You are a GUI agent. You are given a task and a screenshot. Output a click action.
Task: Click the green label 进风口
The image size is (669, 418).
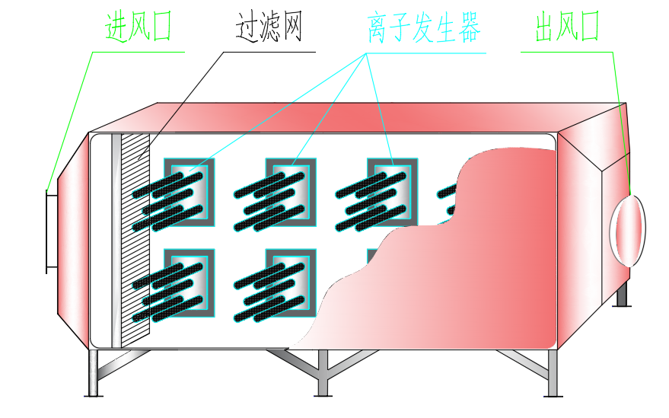(139, 27)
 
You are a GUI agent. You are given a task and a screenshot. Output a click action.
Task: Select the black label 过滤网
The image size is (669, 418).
(269, 27)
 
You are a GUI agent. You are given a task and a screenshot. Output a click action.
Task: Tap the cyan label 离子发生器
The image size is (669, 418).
(424, 27)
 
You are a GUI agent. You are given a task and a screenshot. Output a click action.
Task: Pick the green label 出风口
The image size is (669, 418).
(568, 27)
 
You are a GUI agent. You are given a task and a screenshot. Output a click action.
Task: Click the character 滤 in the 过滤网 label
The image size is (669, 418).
(269, 27)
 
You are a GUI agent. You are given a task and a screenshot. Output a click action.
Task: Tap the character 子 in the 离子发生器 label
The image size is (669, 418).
(400, 27)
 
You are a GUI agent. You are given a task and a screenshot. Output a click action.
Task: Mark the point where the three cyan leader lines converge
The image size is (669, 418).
(365, 53)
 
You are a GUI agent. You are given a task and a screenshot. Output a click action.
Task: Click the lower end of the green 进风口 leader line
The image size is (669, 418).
(47, 191)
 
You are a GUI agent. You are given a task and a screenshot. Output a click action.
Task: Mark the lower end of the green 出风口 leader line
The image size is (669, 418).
(631, 195)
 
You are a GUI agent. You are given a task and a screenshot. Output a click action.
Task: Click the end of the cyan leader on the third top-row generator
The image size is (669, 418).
(393, 165)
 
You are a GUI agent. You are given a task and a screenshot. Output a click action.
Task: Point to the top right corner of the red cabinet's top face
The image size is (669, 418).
(626, 103)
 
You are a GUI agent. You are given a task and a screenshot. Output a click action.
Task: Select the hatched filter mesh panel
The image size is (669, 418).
(135, 241)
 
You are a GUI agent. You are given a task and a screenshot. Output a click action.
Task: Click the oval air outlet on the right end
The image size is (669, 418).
(628, 231)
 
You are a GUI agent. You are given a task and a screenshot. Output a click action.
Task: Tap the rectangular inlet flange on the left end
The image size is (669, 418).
(52, 231)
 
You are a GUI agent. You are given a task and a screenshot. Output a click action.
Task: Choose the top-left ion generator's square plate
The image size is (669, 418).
(190, 192)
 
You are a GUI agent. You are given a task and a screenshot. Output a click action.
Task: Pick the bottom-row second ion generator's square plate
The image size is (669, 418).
(291, 283)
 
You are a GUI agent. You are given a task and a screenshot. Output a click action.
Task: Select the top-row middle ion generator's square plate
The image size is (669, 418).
(291, 192)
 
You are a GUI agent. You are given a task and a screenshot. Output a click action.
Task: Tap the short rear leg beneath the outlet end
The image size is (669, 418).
(622, 295)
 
